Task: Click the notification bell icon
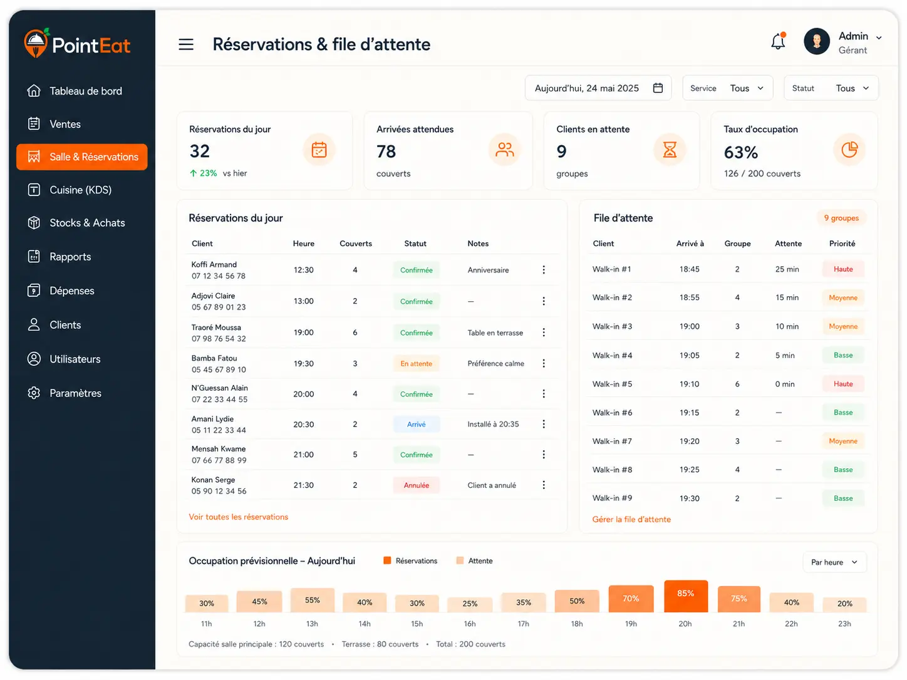click(x=778, y=41)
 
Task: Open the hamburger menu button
click(x=186, y=44)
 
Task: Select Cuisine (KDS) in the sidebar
click(x=81, y=190)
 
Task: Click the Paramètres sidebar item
click(x=75, y=393)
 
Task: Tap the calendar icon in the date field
click(x=658, y=88)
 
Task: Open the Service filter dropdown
click(x=727, y=88)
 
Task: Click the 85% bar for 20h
click(x=685, y=595)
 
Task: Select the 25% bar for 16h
click(x=470, y=604)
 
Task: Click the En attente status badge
click(x=416, y=364)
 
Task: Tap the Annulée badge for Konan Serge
click(x=416, y=485)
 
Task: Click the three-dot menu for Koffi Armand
click(x=544, y=270)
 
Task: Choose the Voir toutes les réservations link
click(x=239, y=517)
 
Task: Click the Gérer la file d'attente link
click(x=631, y=520)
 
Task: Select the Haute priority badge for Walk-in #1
click(x=843, y=269)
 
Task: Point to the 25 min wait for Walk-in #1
click(x=787, y=269)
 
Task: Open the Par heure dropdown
click(x=834, y=562)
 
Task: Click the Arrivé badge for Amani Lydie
click(x=416, y=424)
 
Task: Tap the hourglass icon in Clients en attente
click(x=670, y=150)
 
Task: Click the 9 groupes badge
click(x=841, y=218)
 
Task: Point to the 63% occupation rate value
click(x=741, y=152)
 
